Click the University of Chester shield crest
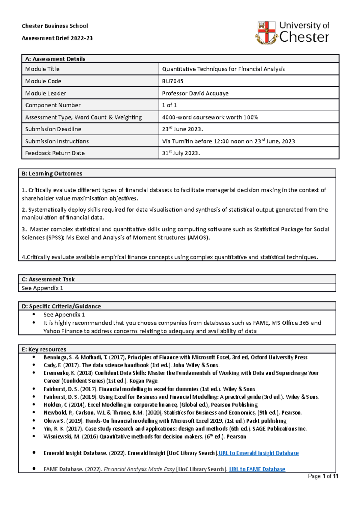click(266, 32)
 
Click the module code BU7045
click(172, 81)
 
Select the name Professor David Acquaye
click(195, 93)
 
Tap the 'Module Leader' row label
click(45, 93)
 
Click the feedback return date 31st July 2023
click(181, 153)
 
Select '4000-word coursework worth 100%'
click(210, 117)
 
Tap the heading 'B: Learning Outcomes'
click(52, 174)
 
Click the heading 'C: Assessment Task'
click(48, 279)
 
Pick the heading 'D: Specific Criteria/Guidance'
click(61, 306)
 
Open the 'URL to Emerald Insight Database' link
click(259, 453)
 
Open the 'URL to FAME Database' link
click(257, 469)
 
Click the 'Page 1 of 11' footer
click(323, 476)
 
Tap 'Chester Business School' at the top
click(55, 26)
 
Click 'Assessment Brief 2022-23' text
click(57, 38)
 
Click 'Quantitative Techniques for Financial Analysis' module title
click(223, 69)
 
